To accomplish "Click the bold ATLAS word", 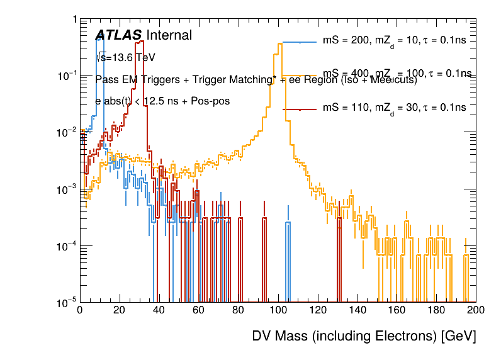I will click(118, 35).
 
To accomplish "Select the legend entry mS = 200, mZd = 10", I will click(394, 40).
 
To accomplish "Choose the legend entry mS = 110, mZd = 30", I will click(394, 108).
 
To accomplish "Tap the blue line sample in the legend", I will click(300, 42).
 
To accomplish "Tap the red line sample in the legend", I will click(300, 109).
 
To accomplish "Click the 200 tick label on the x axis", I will click(476, 310).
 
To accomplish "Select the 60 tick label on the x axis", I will click(198, 310).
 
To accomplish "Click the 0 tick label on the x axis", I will click(79, 310).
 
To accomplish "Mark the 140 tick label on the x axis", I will click(357, 310).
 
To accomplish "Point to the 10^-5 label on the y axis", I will click(65, 303).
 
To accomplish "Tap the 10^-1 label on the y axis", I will click(65, 76).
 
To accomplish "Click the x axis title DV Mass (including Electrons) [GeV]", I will click(364, 336).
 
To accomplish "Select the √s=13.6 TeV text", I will click(125, 57).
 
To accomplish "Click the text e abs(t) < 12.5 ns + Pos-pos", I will click(162, 101).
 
